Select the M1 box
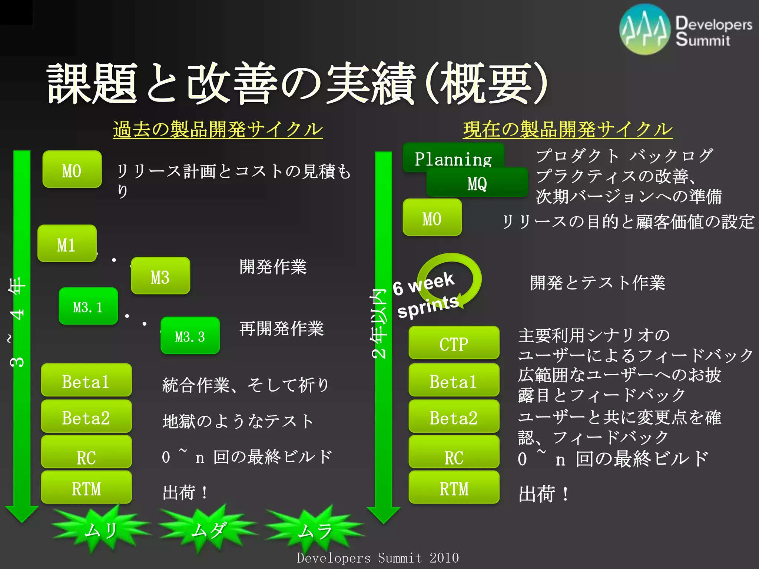(67, 244)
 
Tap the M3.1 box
(88, 306)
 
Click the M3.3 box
(190, 336)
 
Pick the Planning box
(453, 157)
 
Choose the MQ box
(477, 183)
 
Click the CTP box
(454, 343)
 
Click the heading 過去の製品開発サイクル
(218, 130)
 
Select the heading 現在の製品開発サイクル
(567, 130)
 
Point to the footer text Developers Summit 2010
(378, 558)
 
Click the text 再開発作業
(282, 329)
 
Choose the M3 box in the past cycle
(160, 276)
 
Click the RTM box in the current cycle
(454, 488)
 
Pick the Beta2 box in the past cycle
(86, 417)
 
